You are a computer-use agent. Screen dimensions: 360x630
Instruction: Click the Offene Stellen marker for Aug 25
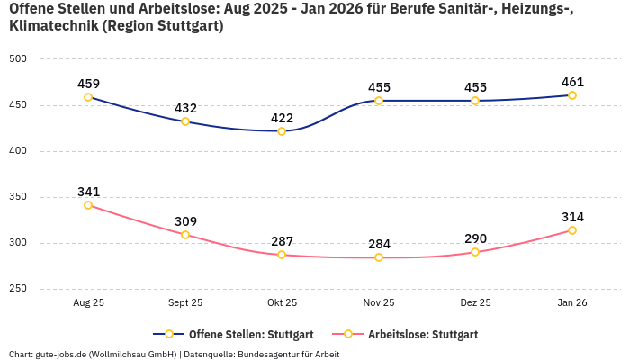(x=88, y=97)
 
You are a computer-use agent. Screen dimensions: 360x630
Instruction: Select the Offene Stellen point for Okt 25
(x=282, y=131)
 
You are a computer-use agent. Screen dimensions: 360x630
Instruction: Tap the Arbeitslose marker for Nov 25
(x=379, y=257)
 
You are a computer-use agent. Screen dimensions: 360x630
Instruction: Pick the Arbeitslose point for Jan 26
(x=572, y=230)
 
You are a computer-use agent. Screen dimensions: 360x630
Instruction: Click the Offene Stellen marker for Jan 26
(x=572, y=95)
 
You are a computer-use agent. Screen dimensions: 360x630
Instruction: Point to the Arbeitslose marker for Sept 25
(x=185, y=235)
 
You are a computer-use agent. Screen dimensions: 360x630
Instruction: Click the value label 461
(x=572, y=82)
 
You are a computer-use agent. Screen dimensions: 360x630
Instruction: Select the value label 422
(x=282, y=118)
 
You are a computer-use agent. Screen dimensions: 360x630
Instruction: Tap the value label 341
(x=88, y=192)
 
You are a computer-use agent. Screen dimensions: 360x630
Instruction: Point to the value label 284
(x=379, y=244)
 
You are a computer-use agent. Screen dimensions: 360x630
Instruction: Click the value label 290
(x=475, y=238)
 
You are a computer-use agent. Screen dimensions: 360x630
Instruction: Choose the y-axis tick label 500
(x=18, y=59)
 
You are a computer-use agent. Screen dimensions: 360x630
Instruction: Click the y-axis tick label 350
(x=18, y=197)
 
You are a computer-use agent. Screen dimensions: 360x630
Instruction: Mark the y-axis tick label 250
(x=18, y=289)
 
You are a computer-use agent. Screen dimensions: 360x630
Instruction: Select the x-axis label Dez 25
(x=475, y=303)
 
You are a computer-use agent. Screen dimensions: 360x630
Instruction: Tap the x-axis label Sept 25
(x=185, y=303)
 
